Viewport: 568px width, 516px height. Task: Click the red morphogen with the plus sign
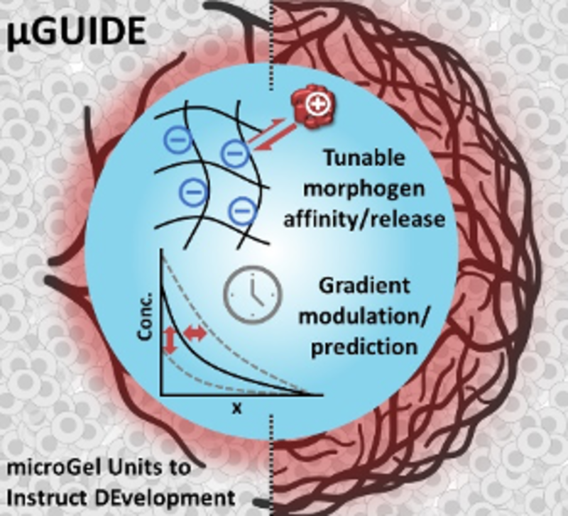coord(312,107)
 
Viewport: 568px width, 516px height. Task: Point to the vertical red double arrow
coord(170,341)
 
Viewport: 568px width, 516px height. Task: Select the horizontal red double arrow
coord(195,332)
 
